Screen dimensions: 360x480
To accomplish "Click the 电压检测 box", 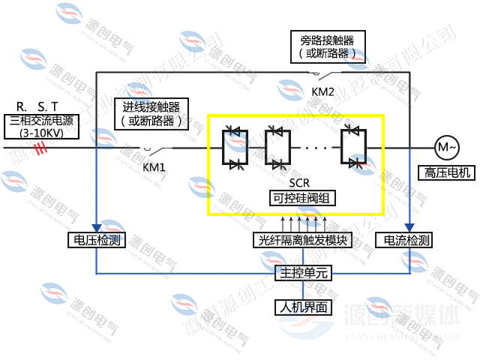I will coord(96,241).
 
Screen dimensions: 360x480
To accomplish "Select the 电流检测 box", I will coord(407,241).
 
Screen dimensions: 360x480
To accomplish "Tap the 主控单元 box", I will coord(301,273).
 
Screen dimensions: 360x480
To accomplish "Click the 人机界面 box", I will coord(301,306).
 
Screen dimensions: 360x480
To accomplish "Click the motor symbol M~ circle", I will coord(445,147).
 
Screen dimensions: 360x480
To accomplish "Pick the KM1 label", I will coord(154,166).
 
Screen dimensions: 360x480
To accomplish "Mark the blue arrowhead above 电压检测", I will coord(96,227).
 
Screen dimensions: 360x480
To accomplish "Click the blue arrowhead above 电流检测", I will coord(408,227).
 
